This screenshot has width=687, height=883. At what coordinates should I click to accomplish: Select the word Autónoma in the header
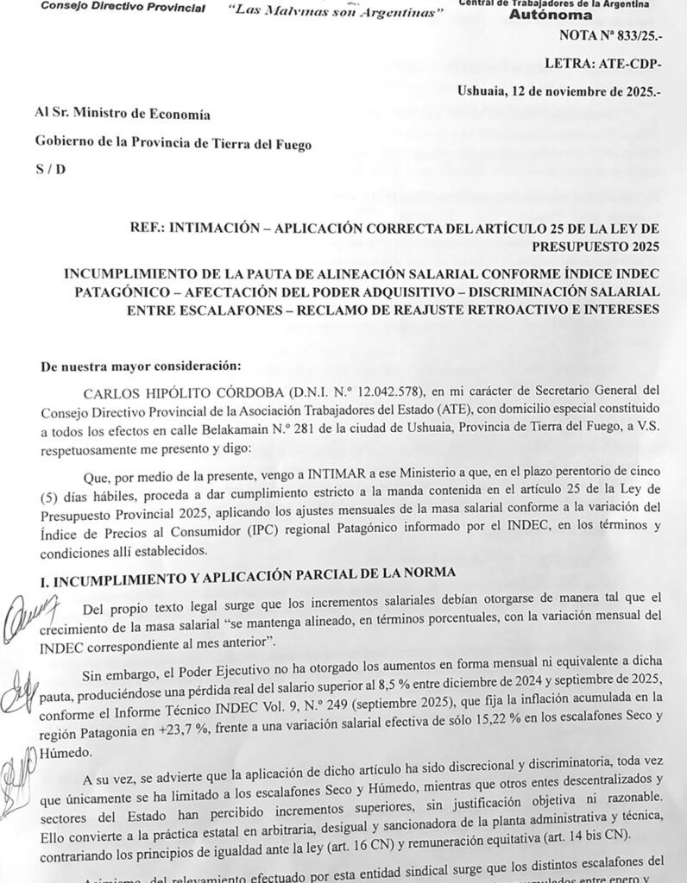[551, 15]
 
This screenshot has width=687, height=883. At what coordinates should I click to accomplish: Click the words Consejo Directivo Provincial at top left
[123, 9]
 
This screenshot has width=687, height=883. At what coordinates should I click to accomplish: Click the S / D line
[50, 168]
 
